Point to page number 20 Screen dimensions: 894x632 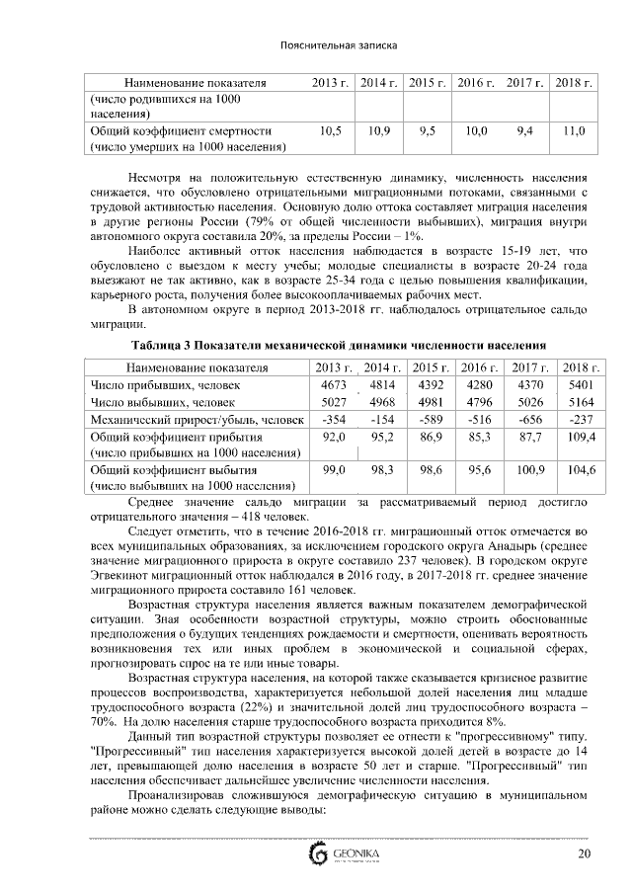(x=584, y=853)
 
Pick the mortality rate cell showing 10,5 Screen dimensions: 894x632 (x=332, y=130)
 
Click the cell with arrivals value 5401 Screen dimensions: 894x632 (x=575, y=383)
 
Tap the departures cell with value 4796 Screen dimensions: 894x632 (x=478, y=401)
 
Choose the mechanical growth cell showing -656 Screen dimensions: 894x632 (x=529, y=419)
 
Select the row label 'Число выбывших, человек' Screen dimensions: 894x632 (x=163, y=401)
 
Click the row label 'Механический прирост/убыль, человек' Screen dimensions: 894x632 (x=193, y=419)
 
